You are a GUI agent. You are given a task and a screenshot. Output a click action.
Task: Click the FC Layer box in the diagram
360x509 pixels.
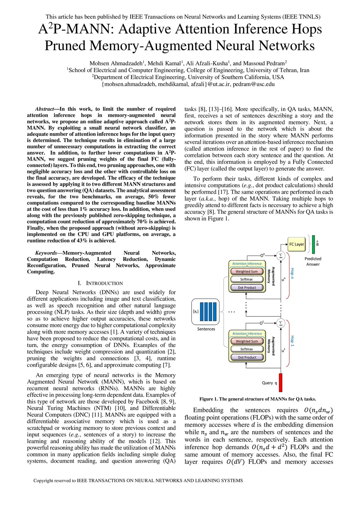(297, 244)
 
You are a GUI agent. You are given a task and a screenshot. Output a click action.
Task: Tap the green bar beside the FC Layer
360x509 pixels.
(313, 244)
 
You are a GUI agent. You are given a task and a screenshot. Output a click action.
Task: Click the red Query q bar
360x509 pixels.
(281, 382)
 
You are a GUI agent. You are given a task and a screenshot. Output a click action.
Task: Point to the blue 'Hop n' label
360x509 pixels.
(292, 273)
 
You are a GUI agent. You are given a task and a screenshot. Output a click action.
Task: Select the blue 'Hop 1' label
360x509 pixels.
(292, 341)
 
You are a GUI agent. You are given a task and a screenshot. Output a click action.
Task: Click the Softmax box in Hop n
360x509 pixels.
(246, 279)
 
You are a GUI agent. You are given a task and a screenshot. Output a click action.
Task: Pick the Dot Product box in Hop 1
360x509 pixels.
(247, 357)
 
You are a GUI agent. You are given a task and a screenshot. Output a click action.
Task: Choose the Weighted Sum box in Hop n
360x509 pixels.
(246, 271)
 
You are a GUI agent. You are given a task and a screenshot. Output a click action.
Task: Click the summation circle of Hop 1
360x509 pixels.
(281, 323)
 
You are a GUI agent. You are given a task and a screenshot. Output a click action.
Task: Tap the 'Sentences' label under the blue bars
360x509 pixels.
(206, 329)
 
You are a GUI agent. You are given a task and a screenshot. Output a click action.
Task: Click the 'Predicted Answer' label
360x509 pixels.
(313, 262)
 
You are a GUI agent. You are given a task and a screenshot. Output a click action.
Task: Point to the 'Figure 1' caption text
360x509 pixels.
(257, 399)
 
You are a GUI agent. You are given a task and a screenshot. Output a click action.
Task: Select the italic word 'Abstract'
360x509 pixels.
(45, 109)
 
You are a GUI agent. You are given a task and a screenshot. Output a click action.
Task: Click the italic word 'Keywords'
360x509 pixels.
(46, 253)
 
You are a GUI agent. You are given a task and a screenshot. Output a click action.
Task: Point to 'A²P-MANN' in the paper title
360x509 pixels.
(75, 29)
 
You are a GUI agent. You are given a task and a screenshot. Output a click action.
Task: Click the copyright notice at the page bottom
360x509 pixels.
(138, 481)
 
